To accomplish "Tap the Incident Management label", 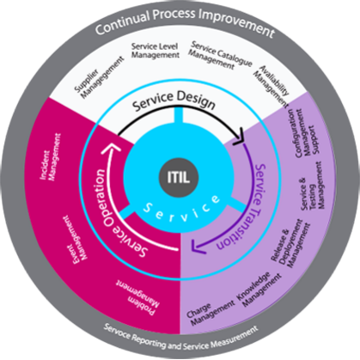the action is pyautogui.click(x=51, y=156).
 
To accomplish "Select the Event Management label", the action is pyautogui.click(x=75, y=238).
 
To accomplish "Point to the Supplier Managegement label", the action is pyautogui.click(x=99, y=77).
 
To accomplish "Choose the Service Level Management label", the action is pyautogui.click(x=156, y=51).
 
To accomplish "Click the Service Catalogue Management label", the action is pyautogui.click(x=220, y=55).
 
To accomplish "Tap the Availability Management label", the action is pyautogui.click(x=271, y=86).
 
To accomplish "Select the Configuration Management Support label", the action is pyautogui.click(x=306, y=132).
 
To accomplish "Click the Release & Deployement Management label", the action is pyautogui.click(x=290, y=244).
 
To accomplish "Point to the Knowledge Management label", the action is pyautogui.click(x=259, y=290).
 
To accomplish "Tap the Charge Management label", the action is pyautogui.click(x=211, y=314).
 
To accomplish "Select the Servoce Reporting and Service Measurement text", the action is pyautogui.click(x=180, y=337).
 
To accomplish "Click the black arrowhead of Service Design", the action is pyautogui.click(x=239, y=137).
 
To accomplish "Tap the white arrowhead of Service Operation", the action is pyautogui.click(x=112, y=149).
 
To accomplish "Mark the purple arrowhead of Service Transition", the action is pyautogui.click(x=198, y=247).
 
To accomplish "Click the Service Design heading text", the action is pyautogui.click(x=174, y=101).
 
